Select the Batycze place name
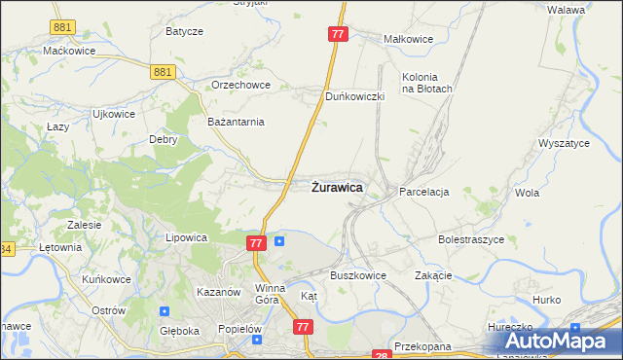click(184, 31)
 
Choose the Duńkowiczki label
click(355, 97)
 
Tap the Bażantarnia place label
click(237, 122)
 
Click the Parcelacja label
click(423, 193)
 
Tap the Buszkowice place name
click(358, 275)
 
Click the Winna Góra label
click(270, 293)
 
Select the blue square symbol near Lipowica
click(280, 241)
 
